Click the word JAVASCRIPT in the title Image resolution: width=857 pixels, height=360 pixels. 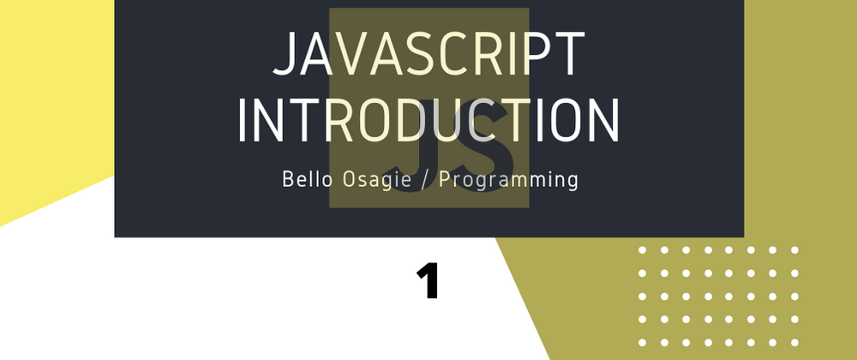pos(429,54)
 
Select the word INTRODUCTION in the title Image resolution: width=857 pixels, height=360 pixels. pos(429,121)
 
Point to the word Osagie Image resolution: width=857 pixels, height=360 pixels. pos(376,180)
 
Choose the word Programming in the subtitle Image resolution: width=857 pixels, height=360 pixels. pos(508,180)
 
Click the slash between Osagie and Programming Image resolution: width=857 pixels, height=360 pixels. pos(425,180)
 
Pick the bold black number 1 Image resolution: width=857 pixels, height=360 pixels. pos(428,281)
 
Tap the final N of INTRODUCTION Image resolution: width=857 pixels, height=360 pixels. pos(604,121)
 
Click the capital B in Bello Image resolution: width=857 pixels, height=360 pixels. pos(287,179)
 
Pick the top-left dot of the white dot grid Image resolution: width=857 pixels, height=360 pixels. pos(642,250)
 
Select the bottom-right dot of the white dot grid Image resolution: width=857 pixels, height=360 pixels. pos(794,343)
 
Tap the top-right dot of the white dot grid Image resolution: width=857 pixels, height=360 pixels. pos(794,250)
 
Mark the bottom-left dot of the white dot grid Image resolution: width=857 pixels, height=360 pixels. pos(642,343)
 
